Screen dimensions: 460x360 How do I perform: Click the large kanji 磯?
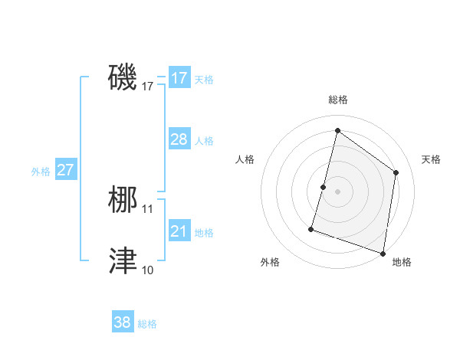(123, 77)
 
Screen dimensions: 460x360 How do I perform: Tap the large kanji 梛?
(123, 200)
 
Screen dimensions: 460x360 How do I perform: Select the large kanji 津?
(123, 260)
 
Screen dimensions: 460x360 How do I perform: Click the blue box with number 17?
(179, 78)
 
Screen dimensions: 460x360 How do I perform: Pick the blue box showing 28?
(179, 139)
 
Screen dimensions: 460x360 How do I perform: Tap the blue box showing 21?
(179, 231)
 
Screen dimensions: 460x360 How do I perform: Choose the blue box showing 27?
(65, 170)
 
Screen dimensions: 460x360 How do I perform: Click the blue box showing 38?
(123, 322)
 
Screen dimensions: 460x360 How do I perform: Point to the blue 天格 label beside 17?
(204, 80)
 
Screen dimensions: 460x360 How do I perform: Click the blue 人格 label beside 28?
(204, 141)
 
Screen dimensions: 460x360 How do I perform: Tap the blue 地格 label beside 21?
(204, 232)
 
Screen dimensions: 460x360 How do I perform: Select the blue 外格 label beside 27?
(41, 172)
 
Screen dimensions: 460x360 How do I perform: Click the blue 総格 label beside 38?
(147, 324)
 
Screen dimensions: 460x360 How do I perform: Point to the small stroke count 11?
(148, 208)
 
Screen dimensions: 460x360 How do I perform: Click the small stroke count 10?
(148, 270)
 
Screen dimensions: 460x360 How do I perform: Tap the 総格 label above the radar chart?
(338, 100)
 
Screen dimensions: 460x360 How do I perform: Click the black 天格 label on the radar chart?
(431, 159)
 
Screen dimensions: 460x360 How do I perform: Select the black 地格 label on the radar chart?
(402, 262)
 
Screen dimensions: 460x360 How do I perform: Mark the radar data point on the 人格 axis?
(324, 187)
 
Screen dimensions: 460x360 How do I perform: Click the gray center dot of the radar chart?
(338, 191)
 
